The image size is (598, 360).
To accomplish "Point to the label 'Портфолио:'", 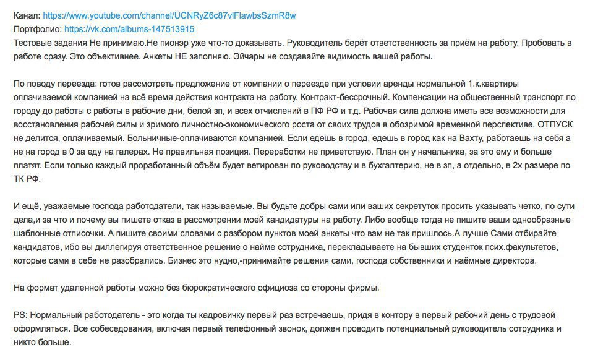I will pyautogui.click(x=36, y=28).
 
